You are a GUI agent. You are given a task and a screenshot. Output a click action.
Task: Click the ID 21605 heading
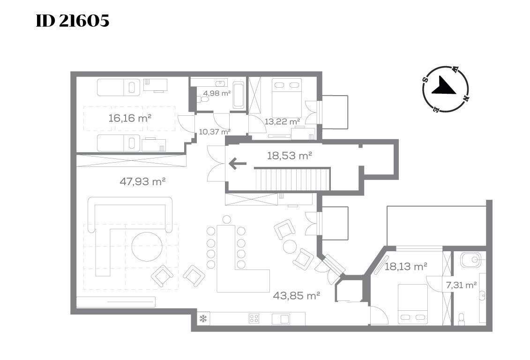tap(73, 21)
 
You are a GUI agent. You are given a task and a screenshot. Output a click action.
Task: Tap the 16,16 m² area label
tap(129, 118)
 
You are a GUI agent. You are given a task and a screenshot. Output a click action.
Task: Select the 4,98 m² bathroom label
tap(216, 93)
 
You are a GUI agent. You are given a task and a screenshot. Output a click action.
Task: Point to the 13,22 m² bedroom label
tap(282, 121)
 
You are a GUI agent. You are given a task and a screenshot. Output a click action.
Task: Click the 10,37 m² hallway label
tap(215, 132)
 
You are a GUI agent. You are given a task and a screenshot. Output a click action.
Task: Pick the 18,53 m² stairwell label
tap(289, 156)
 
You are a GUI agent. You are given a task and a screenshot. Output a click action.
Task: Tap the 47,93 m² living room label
tap(142, 181)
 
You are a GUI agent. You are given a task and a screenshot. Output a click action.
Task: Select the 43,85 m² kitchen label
tap(297, 296)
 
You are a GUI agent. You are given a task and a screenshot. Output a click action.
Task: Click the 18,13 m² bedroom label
tap(406, 266)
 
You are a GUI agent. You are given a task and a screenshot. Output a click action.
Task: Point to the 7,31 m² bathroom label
tap(462, 285)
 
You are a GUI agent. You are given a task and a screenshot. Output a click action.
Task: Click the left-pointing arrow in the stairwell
tap(238, 164)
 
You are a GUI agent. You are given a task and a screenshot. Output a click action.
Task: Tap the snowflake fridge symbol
tap(203, 318)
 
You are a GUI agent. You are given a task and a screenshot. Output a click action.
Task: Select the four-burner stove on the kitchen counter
tap(254, 318)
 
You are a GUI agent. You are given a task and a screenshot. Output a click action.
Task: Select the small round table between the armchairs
tap(290, 246)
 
